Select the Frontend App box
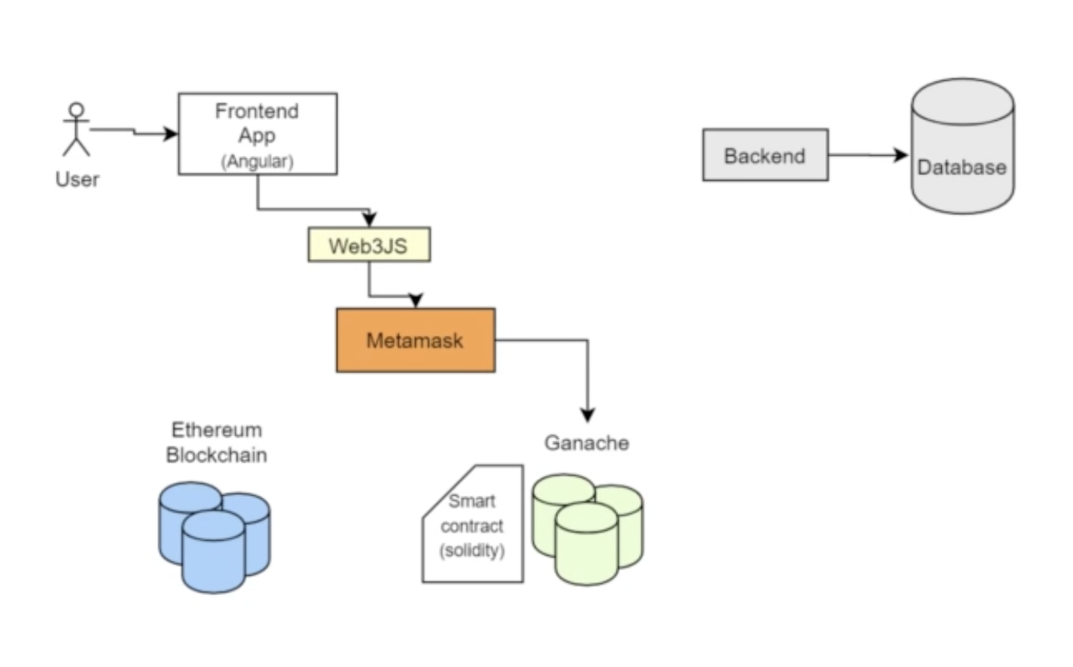(x=257, y=133)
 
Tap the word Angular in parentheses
(x=257, y=162)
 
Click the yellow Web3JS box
(x=369, y=246)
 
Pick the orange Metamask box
(x=415, y=340)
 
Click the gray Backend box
(x=764, y=155)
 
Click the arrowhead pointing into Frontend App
(x=170, y=134)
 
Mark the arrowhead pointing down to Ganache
(x=588, y=414)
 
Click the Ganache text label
(x=587, y=442)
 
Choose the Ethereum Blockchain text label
(x=216, y=443)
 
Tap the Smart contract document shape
(x=473, y=525)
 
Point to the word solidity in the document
(x=476, y=552)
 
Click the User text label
(x=77, y=179)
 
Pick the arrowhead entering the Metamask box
(x=415, y=302)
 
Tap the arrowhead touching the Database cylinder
(x=901, y=155)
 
